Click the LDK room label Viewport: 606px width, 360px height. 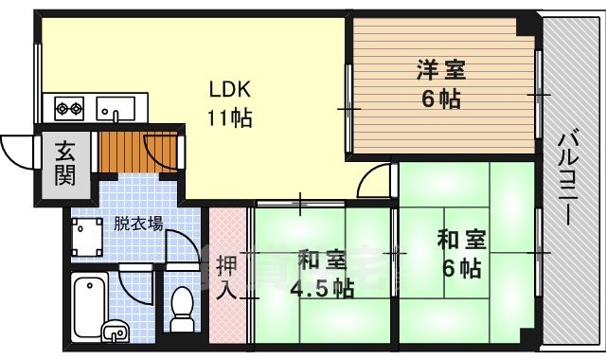[x=229, y=92]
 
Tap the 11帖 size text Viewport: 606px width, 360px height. [x=229, y=119]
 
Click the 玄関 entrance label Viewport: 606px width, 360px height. [x=64, y=163]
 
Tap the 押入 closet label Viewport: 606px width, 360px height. [x=226, y=275]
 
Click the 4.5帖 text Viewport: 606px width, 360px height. [x=324, y=287]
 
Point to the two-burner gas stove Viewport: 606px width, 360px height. [x=69, y=107]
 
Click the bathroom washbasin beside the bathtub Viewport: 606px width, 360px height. [x=115, y=331]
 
